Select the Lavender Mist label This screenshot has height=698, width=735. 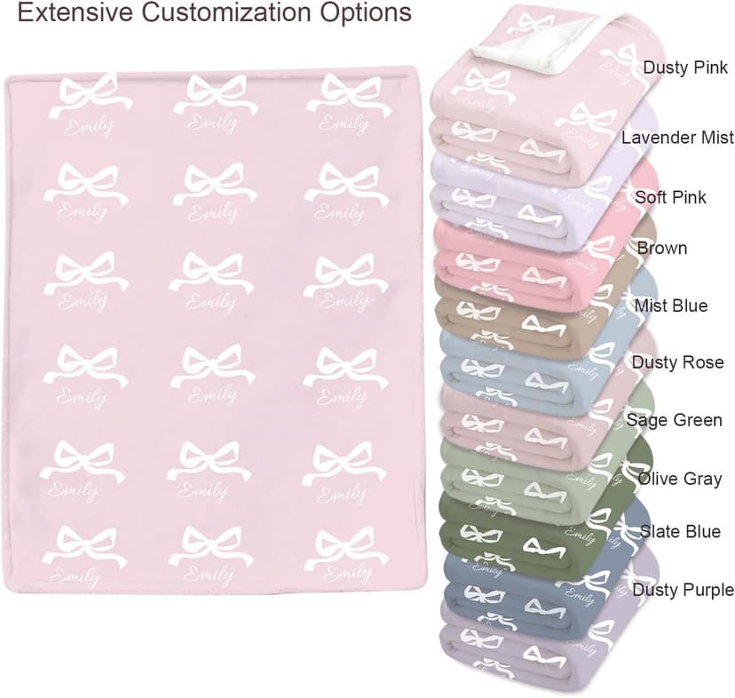point(677,138)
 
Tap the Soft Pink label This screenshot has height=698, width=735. point(670,196)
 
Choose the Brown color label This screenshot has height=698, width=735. point(662,248)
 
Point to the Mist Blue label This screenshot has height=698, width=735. point(671,305)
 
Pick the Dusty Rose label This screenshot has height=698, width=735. point(677,362)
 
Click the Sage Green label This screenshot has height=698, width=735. point(674,419)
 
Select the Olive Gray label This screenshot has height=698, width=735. point(679,479)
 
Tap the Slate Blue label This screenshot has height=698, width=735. point(680,532)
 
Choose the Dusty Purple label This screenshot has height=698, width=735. point(683,590)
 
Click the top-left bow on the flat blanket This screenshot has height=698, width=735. point(89,94)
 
